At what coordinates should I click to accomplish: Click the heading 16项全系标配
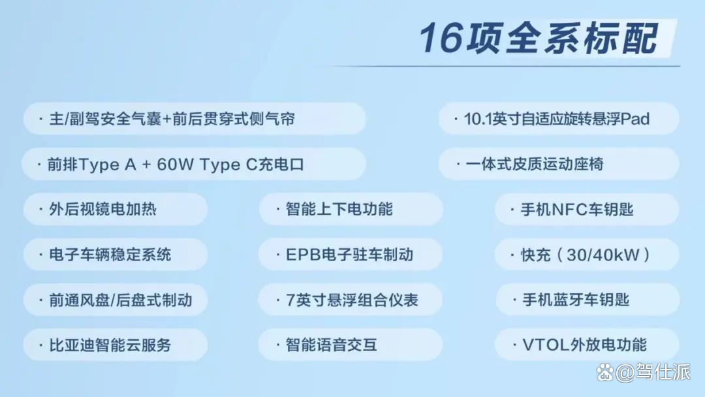click(x=539, y=38)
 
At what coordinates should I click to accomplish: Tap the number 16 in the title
click(x=441, y=38)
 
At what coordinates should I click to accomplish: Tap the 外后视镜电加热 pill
click(x=115, y=209)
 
